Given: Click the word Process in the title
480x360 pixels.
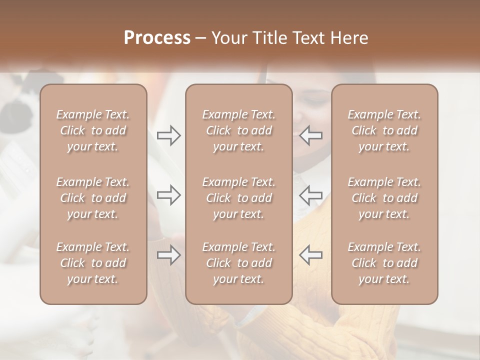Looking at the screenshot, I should [x=157, y=38].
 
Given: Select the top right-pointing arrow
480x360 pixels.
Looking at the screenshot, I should [x=168, y=135].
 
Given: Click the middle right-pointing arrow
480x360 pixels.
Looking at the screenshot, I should [x=168, y=195].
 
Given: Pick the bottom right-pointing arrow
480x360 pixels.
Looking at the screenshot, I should [x=168, y=255].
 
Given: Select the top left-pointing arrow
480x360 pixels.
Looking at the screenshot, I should [x=311, y=135].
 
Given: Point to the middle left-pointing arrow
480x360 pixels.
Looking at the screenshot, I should [x=311, y=195].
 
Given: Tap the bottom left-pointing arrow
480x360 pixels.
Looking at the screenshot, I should [x=311, y=255].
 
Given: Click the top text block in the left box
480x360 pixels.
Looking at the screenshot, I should [x=93, y=130].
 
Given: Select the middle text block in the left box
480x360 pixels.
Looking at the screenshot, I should [x=93, y=198].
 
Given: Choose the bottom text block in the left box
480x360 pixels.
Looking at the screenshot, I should [x=93, y=263].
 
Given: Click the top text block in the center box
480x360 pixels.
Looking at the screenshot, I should [x=238, y=130].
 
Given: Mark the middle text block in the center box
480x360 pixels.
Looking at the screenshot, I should [x=238, y=198].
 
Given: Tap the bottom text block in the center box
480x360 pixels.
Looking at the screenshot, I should [x=238, y=263].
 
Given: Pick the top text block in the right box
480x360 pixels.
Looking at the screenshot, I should [x=384, y=130].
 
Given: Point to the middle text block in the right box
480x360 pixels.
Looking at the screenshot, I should [x=384, y=198].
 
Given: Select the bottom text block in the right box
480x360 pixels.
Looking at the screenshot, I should [x=384, y=263].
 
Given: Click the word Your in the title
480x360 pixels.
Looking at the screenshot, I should [x=227, y=38].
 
